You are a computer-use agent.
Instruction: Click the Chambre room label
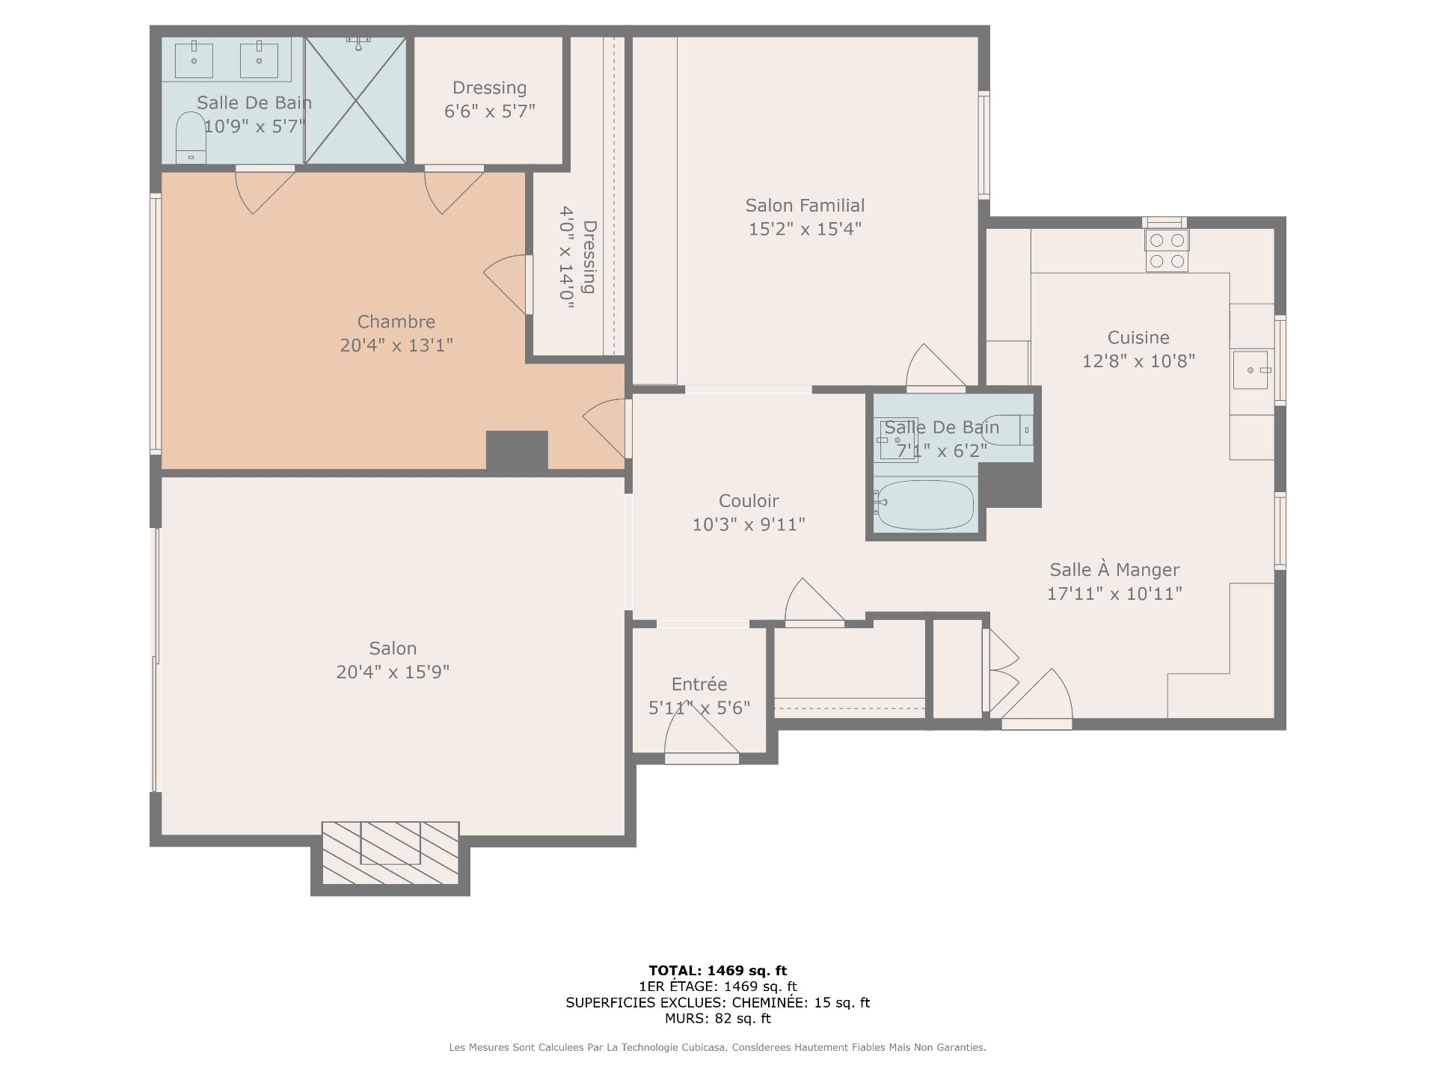point(396,322)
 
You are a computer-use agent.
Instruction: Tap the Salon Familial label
point(805,206)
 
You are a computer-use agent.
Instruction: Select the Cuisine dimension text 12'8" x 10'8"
point(1138,361)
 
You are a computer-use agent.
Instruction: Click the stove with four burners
point(1167,251)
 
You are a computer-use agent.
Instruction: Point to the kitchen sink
point(1251,370)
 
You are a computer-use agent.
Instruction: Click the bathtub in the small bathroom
point(924,505)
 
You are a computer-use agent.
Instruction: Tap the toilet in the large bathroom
point(191,138)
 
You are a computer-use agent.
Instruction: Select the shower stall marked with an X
point(356,99)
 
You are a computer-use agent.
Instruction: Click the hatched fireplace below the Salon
point(390,853)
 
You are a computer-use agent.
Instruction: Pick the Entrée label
point(699,684)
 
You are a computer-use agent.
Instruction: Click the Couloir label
point(749,501)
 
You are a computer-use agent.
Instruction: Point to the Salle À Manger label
point(1114,570)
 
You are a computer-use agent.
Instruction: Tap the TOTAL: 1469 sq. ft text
point(718,971)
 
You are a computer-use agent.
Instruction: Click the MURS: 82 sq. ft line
point(718,1019)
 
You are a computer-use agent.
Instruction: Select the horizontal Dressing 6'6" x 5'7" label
point(490,99)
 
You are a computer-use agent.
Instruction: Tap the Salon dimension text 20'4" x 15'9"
point(393,672)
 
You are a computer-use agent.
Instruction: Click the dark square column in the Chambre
point(517,451)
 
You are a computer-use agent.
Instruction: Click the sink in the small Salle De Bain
point(897,441)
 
